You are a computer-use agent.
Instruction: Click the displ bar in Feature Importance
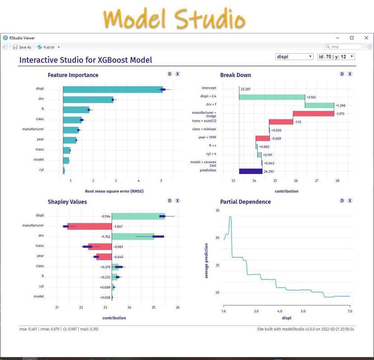point(113,90)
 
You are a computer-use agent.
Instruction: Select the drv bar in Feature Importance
point(88,99)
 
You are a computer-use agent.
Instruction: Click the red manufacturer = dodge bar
point(313,114)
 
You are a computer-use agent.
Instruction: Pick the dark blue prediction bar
point(251,171)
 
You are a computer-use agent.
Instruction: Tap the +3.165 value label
point(311,97)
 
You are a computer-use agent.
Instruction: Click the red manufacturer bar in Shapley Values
point(89,225)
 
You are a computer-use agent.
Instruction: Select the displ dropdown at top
point(295,57)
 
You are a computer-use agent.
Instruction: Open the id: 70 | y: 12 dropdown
point(336,57)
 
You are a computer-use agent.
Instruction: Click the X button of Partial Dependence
point(350,201)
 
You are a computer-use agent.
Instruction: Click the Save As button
point(22,47)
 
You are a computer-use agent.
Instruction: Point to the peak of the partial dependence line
point(230,217)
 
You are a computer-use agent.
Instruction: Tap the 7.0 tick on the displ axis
point(350,311)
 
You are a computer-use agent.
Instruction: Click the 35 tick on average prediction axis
point(217,211)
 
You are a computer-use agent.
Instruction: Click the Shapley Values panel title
point(67,202)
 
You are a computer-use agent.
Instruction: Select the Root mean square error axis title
point(114,191)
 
